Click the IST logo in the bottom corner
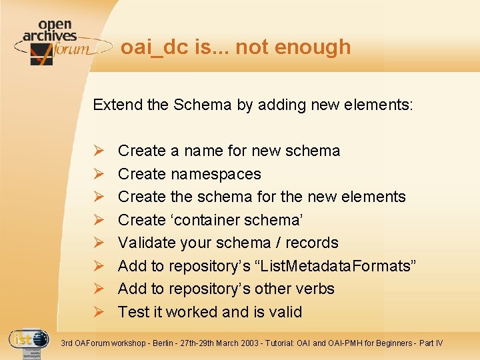pos(28,341)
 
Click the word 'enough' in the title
pos(317,47)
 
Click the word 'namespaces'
pos(216,174)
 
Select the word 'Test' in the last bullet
pos(131,312)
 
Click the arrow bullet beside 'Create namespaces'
pos(97,174)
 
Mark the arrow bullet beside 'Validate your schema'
pos(97,243)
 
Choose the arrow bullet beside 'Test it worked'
pos(97,312)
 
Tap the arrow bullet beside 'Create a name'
pos(97,151)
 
